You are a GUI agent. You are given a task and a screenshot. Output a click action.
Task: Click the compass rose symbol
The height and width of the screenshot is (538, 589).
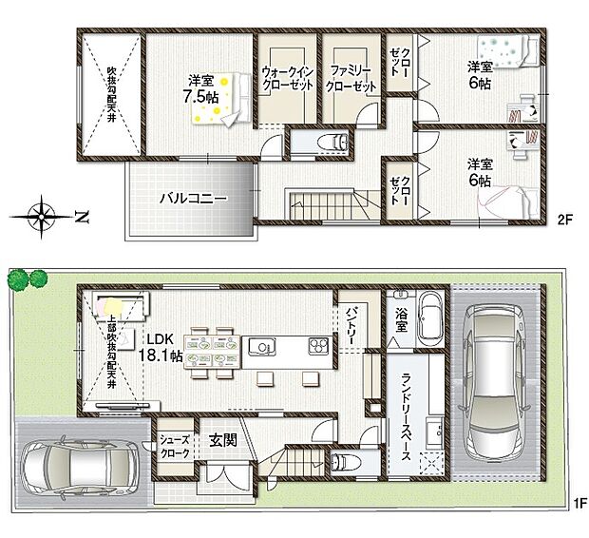point(44,214)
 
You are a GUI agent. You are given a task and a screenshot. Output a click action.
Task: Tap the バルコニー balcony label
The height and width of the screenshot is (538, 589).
point(191,200)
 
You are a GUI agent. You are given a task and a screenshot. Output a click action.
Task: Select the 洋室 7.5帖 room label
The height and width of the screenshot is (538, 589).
point(200,88)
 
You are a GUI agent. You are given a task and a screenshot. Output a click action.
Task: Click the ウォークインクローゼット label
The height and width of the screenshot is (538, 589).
point(286,77)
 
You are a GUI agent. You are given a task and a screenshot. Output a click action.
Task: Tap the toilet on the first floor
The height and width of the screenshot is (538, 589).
point(344,463)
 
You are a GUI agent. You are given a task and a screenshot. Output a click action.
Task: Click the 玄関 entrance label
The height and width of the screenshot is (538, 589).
point(224,440)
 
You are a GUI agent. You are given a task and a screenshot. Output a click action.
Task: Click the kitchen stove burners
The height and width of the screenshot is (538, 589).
point(316,346)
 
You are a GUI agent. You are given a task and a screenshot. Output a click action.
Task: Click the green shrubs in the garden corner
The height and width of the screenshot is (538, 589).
point(28,279)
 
